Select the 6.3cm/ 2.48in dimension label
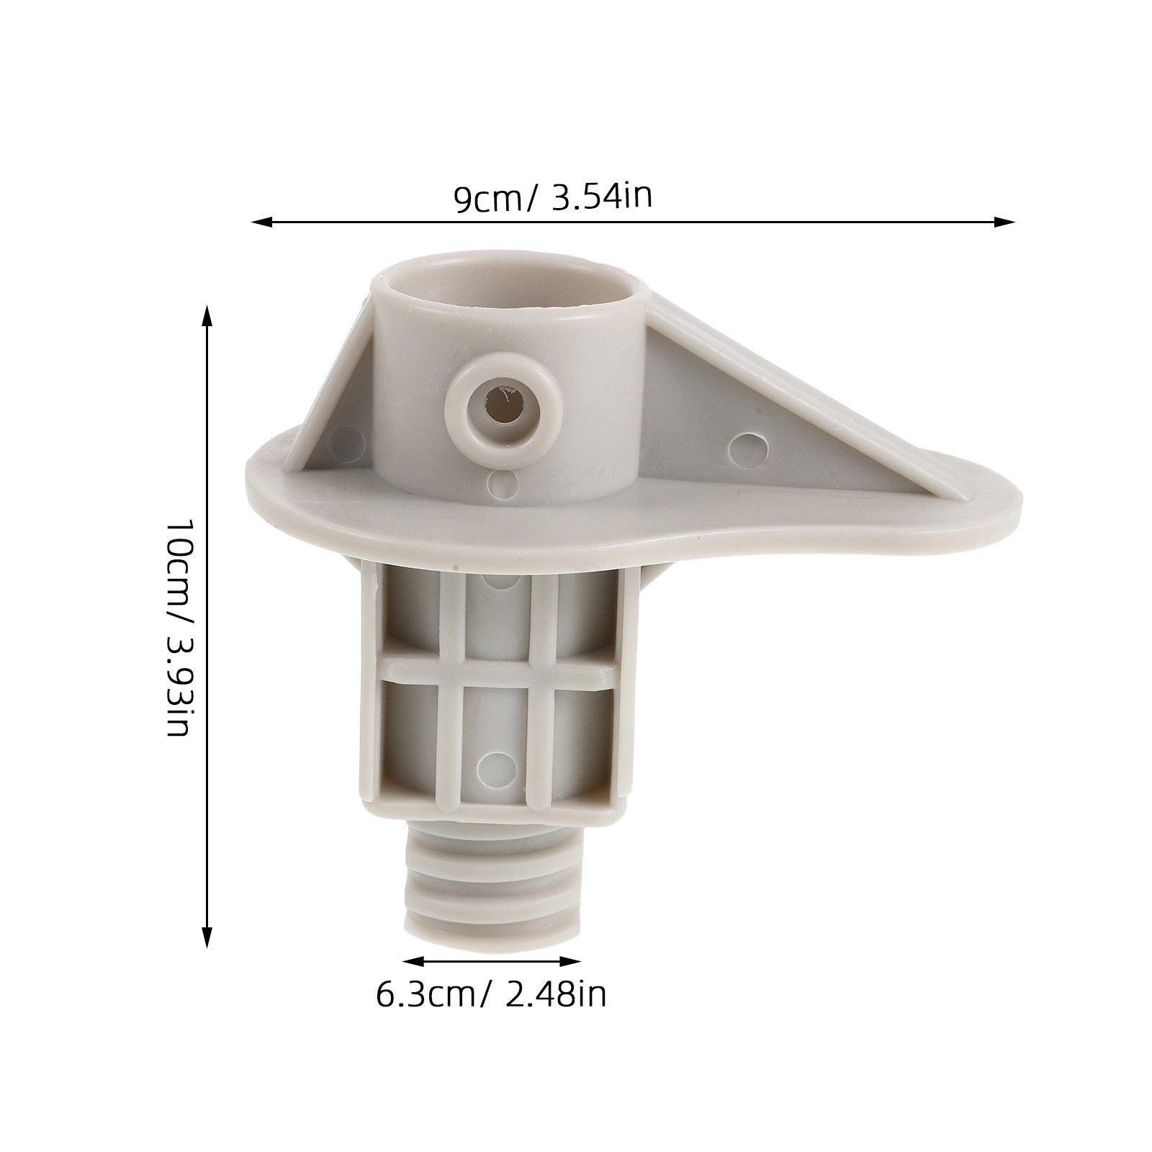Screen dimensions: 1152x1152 click(x=491, y=994)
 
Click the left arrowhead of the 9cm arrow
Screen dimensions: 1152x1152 click(x=260, y=222)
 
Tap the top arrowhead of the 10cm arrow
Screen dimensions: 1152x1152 click(x=207, y=318)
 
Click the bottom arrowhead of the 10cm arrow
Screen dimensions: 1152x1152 click(x=207, y=936)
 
